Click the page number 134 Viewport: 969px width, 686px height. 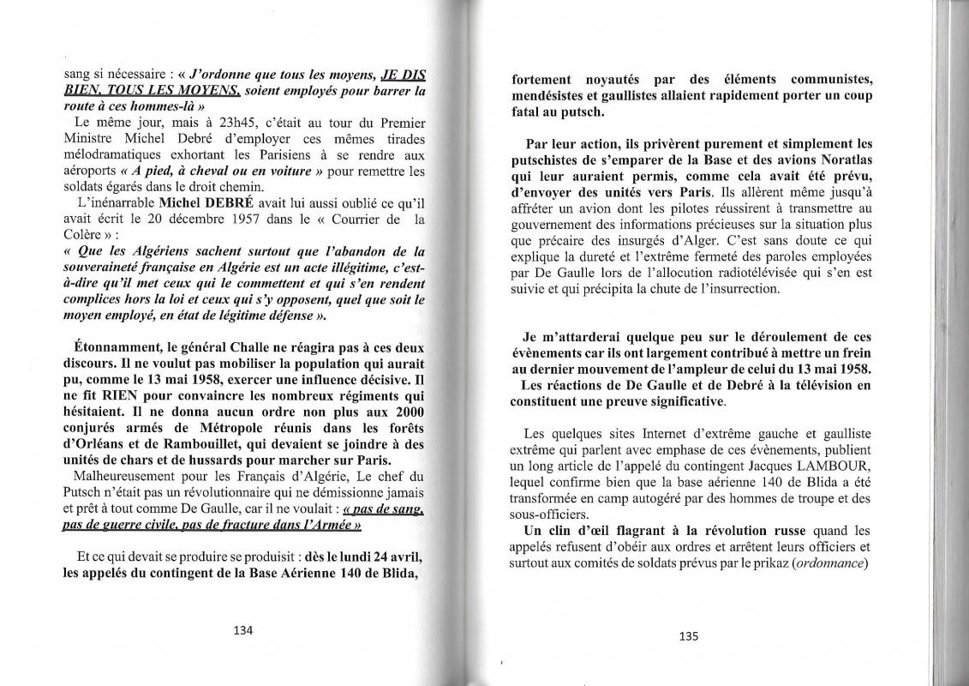tap(244, 629)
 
